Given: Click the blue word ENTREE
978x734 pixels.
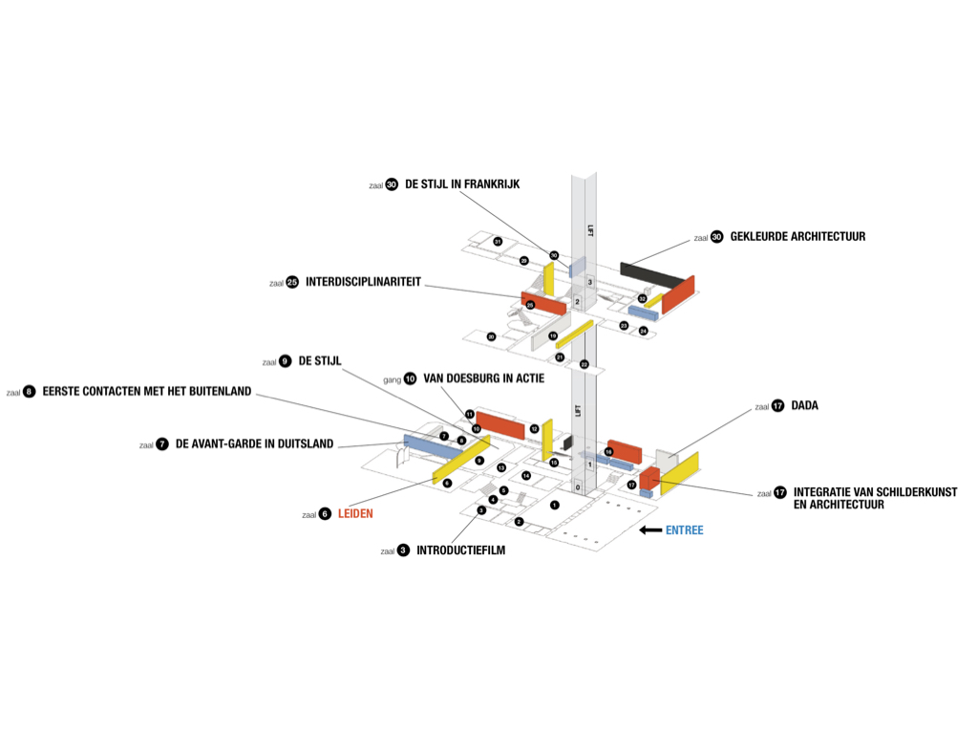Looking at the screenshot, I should (684, 530).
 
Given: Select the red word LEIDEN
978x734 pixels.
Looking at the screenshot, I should (355, 513).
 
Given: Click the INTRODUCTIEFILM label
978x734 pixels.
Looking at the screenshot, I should (460, 550).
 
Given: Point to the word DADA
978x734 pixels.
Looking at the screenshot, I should (804, 406).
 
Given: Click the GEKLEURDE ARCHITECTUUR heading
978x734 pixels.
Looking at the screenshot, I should (797, 236).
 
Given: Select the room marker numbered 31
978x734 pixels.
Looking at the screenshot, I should (498, 242).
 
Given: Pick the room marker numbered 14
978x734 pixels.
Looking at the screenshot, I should (525, 475).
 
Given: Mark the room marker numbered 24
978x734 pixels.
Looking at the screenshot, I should (643, 331).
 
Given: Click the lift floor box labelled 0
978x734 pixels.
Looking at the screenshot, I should (577, 487).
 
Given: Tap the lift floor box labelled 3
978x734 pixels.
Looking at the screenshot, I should (590, 282).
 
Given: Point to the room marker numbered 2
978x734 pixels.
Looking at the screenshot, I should (519, 521).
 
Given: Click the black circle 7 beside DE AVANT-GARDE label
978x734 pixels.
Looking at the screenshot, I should (162, 444).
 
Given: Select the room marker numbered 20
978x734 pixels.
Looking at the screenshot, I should (491, 336).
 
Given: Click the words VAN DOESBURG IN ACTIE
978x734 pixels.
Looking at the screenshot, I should (483, 378).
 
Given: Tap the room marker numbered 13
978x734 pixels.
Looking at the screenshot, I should (500, 467).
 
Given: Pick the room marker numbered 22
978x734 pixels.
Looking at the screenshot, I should (585, 364).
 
